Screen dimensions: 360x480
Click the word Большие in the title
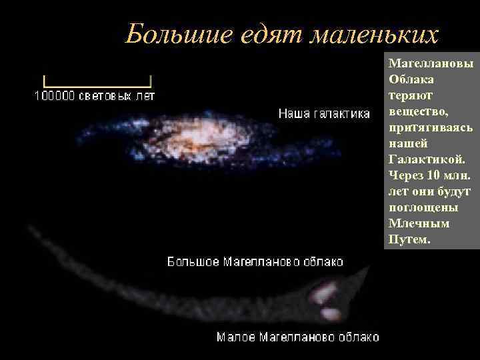(169, 33)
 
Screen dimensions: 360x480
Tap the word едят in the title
(255, 33)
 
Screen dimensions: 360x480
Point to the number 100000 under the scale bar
(56, 96)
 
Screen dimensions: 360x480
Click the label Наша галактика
(324, 114)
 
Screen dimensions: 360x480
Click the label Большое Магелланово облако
(255, 261)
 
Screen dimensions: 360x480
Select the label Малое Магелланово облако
(297, 337)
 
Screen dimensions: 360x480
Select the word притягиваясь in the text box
(430, 127)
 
